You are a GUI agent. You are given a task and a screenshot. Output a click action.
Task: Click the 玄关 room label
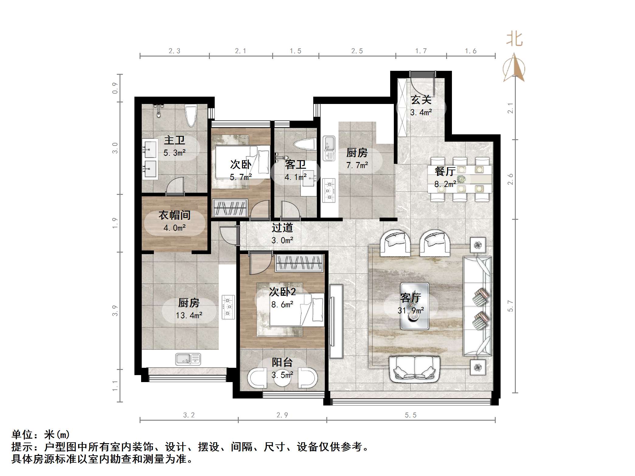(421, 99)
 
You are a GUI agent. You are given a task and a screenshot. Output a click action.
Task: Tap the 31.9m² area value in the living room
(411, 311)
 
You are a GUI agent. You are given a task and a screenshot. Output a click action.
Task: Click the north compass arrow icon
(514, 67)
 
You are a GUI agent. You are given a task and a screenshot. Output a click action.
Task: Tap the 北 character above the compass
(514, 40)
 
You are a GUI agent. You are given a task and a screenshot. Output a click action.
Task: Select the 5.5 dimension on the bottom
(411, 415)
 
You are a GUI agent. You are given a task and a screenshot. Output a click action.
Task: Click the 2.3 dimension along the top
(175, 51)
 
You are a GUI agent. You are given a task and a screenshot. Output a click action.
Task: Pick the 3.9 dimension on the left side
(115, 311)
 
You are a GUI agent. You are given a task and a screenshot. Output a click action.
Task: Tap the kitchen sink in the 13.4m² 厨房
(188, 359)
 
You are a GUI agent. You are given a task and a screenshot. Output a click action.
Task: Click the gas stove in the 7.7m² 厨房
(329, 190)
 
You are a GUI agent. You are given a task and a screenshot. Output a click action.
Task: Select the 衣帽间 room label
(175, 215)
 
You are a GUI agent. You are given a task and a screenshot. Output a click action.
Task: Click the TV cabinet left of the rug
(336, 321)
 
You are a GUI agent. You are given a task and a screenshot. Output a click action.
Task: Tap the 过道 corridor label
(282, 228)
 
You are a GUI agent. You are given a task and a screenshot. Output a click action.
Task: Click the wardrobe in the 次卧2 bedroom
(299, 263)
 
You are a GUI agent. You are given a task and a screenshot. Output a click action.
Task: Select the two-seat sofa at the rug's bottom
(415, 369)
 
